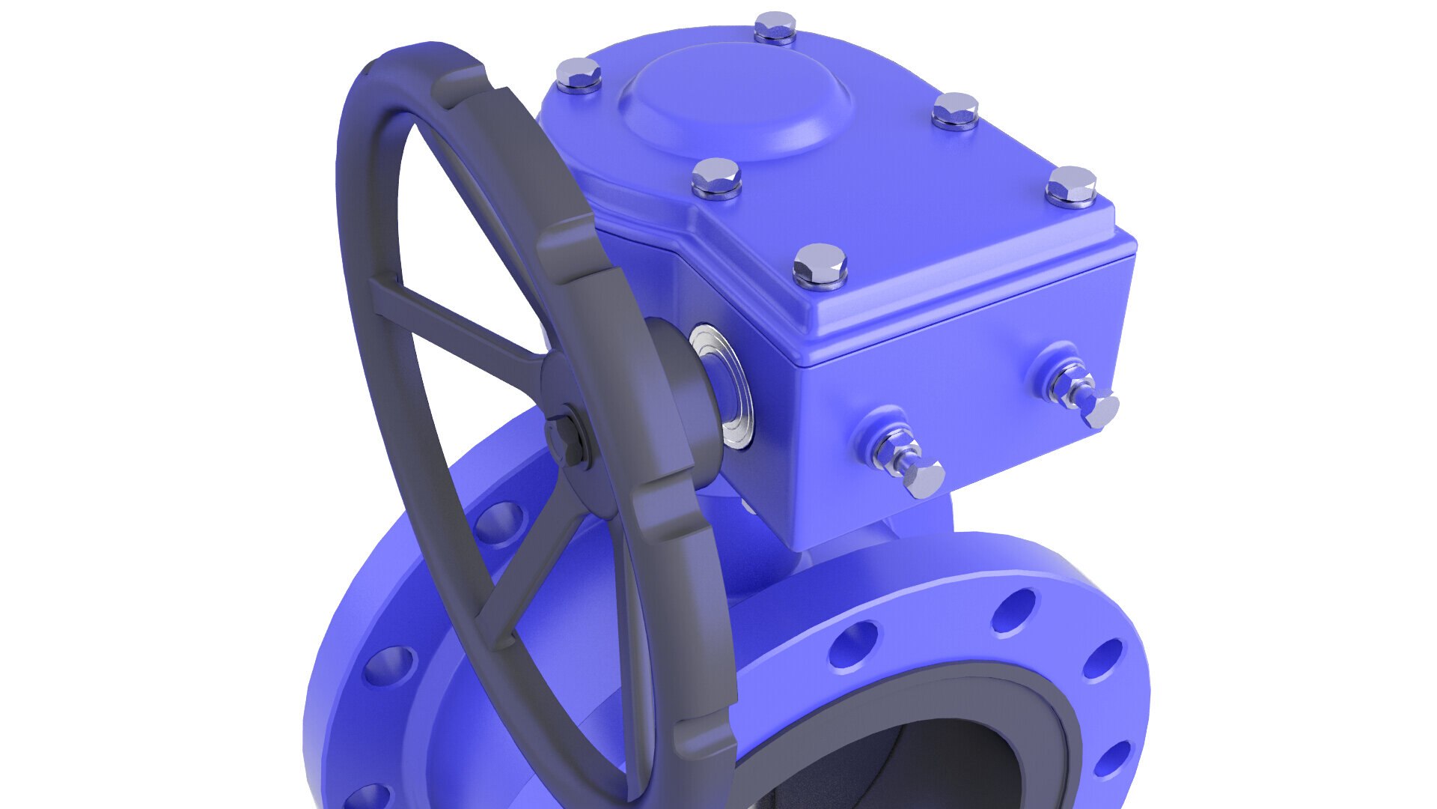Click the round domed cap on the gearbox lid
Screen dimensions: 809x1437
(x=736, y=102)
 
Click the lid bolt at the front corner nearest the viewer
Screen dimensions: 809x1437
(x=820, y=265)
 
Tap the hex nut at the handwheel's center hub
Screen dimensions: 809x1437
(x=566, y=438)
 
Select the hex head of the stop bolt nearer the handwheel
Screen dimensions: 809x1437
(x=924, y=479)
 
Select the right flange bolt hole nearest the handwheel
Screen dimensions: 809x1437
(x=853, y=644)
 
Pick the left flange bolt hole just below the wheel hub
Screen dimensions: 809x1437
(x=498, y=521)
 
